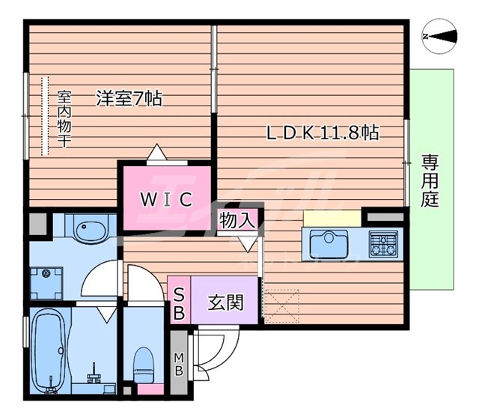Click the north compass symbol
[x=439, y=37]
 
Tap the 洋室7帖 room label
[x=129, y=98]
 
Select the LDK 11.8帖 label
[x=323, y=133]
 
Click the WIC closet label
[x=166, y=199]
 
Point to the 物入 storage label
[x=237, y=220]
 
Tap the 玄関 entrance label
[x=226, y=302]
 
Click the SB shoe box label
[x=179, y=304]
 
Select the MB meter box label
[x=179, y=364]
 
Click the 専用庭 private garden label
[x=430, y=181]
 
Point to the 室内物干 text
[x=64, y=119]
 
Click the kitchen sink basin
[x=329, y=243]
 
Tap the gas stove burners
[x=383, y=243]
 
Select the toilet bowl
[x=144, y=365]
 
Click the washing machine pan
[x=46, y=283]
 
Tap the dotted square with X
[x=281, y=305]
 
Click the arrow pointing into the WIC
[x=156, y=152]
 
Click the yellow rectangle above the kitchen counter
[x=332, y=218]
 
